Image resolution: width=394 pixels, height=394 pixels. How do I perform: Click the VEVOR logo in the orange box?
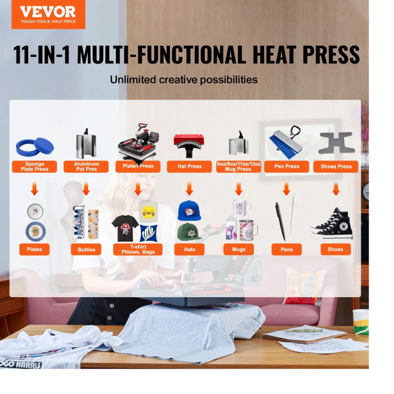(x=48, y=14)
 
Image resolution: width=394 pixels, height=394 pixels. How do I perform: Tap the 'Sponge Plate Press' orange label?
(x=34, y=167)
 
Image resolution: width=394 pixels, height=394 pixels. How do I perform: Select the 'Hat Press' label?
(x=190, y=167)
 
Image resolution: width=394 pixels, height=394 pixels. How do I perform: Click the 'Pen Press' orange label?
(x=286, y=167)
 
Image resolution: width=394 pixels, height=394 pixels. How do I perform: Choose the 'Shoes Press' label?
(x=335, y=167)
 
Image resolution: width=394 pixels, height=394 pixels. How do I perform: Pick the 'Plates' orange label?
(x=34, y=249)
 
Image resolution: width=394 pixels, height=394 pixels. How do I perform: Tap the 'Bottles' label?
(x=86, y=249)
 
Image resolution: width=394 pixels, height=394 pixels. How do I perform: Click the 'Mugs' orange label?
(x=239, y=249)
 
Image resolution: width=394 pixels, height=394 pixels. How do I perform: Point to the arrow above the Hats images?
(x=190, y=189)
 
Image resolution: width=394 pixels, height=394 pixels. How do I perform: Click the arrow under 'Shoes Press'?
(x=336, y=189)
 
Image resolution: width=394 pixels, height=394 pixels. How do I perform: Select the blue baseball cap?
(x=189, y=211)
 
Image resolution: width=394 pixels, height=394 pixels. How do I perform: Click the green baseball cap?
(x=189, y=232)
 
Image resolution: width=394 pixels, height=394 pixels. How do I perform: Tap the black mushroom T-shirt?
(x=125, y=228)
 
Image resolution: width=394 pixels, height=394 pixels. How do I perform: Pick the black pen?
(x=280, y=221)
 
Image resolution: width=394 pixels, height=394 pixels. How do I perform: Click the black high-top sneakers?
(x=333, y=223)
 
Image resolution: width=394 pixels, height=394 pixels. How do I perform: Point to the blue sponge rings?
(x=35, y=147)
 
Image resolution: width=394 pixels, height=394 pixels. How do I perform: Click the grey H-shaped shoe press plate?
(x=337, y=142)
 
